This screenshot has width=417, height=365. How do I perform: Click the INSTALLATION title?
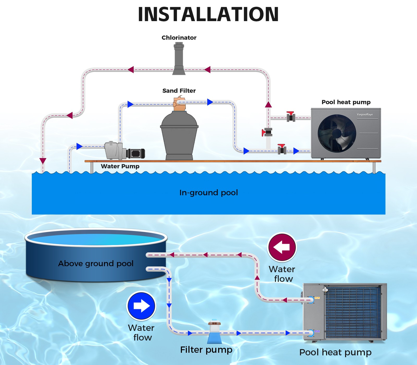[208, 14]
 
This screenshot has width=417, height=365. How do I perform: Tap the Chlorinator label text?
[179, 38]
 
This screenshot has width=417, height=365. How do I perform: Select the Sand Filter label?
[179, 91]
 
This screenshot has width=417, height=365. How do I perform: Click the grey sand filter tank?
[179, 136]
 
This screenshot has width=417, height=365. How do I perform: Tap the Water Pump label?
[120, 166]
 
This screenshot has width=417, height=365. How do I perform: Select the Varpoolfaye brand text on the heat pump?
[365, 114]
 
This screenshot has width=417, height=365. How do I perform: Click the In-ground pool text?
[208, 193]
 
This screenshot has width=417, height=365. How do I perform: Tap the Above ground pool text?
[96, 264]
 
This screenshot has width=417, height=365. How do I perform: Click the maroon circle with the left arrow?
[282, 247]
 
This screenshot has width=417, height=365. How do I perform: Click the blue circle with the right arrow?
[141, 306]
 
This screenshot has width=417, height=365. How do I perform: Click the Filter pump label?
[206, 350]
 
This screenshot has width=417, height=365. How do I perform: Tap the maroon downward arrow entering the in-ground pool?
[43, 161]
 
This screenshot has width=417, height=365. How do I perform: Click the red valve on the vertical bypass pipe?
[267, 132]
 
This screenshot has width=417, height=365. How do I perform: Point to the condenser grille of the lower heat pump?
[353, 312]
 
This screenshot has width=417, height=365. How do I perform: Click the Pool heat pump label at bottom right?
[335, 352]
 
